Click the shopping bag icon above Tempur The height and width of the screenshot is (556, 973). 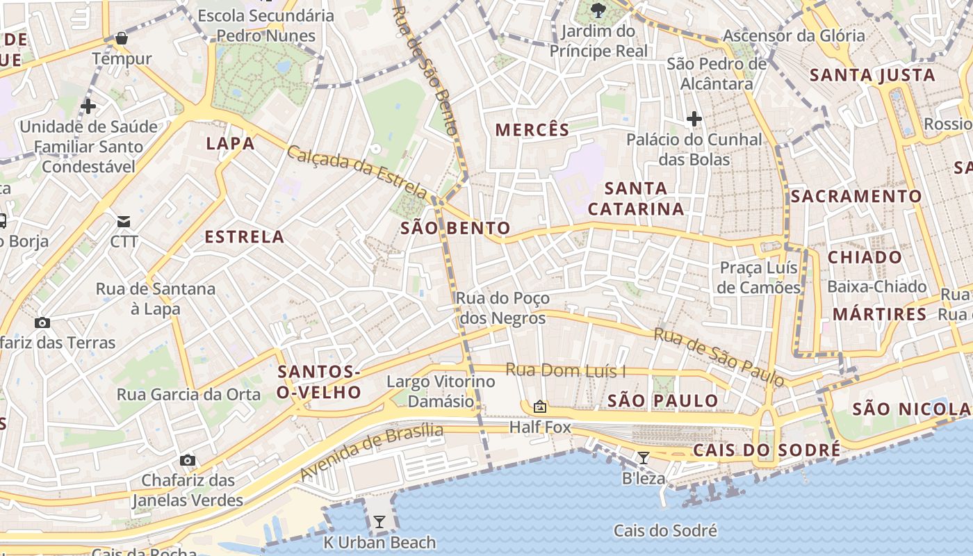pos(122,38)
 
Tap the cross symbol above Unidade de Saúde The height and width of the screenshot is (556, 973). pos(88,106)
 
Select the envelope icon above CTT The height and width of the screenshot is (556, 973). pos(124,222)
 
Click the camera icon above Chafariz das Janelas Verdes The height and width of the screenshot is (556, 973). pos(187,460)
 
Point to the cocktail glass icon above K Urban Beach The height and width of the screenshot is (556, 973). pos(379,521)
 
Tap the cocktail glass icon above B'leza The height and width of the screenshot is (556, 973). pos(644,457)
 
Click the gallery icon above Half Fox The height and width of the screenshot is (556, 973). pos(539,407)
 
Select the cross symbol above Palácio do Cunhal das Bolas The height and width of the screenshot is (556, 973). pos(694,119)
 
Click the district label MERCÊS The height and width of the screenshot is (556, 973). pos(532,130)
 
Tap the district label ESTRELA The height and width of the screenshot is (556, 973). pos(245,237)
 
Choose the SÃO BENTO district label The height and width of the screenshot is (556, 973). pos(455,228)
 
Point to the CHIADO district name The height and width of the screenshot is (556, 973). pos(865,258)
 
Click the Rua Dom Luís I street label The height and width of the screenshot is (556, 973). pos(565,370)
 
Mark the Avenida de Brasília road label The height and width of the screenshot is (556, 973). pos(372,451)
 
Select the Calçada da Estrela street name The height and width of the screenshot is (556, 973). pos(357,171)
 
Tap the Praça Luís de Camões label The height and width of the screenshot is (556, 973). pos(760,277)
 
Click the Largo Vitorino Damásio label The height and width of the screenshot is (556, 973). pos(441,391)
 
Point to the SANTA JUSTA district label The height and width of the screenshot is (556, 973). pos(873,75)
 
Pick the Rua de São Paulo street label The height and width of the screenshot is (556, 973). pos(719,357)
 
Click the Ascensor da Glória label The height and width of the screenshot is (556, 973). pos(794,35)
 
